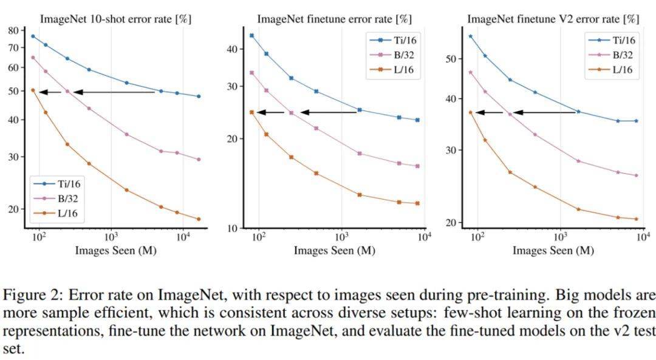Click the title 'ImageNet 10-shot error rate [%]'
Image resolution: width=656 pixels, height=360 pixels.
click(115, 19)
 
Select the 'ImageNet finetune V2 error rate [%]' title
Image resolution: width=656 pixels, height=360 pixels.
click(553, 19)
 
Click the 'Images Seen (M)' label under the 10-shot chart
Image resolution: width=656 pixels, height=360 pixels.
click(115, 250)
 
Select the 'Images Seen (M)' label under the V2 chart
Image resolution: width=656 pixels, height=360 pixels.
click(553, 250)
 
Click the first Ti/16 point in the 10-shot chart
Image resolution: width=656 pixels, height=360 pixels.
click(33, 36)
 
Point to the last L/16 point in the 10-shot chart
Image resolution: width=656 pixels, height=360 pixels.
click(198, 219)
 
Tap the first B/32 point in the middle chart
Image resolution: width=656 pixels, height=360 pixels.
click(251, 72)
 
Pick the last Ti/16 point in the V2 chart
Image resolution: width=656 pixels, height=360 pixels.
click(636, 121)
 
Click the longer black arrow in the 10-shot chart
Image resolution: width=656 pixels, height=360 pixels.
click(114, 92)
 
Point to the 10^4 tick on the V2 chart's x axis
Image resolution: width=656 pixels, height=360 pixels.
click(643, 238)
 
